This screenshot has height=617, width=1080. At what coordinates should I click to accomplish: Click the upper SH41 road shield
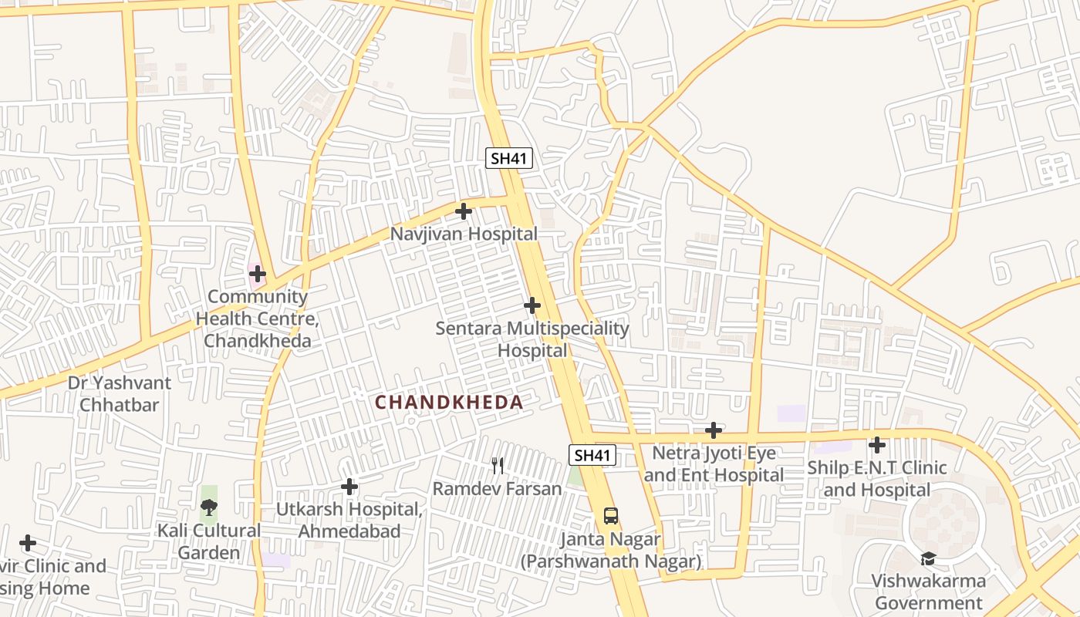point(509,158)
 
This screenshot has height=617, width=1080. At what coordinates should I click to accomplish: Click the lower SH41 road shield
point(592,455)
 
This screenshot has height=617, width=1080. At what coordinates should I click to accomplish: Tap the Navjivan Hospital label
point(464,233)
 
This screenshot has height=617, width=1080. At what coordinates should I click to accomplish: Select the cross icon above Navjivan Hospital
point(464,211)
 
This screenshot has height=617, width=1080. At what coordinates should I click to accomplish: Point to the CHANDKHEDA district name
point(449,402)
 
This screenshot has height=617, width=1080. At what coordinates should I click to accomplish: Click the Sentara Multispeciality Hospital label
point(532,339)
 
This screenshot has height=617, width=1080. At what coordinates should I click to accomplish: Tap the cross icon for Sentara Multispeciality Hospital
point(532,305)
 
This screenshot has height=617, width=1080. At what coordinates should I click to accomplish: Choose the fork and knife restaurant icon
point(498,465)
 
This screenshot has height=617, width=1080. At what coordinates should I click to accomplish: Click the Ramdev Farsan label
point(497,488)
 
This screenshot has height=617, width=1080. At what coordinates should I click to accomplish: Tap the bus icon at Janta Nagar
point(610,515)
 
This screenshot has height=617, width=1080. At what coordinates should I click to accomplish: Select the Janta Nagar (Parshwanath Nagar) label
point(610,550)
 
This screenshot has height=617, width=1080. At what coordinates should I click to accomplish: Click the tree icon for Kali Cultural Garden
point(208,507)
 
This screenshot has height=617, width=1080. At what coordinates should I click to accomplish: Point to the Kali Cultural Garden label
point(209,541)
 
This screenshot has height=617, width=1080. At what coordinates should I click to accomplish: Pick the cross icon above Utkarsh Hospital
point(349,487)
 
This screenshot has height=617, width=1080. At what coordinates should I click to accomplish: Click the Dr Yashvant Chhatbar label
point(120,393)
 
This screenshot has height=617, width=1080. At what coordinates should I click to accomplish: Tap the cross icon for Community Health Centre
point(258,274)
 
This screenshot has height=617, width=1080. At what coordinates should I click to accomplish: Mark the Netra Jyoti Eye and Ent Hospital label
point(714,464)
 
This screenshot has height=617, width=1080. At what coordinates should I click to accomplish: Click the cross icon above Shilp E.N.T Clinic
point(877,445)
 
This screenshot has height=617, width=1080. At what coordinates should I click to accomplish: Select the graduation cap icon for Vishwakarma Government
point(928,558)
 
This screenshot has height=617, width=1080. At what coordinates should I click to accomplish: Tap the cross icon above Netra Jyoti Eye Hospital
point(714,430)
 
